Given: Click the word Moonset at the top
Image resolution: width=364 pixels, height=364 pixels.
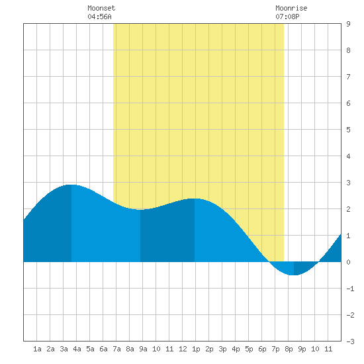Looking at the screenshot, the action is pyautogui.click(x=101, y=8).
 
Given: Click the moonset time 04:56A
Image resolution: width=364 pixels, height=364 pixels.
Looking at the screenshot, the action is pyautogui.click(x=99, y=17).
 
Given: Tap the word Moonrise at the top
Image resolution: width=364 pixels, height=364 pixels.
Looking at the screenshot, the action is pyautogui.click(x=291, y=8).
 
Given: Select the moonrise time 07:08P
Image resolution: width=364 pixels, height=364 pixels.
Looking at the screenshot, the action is pyautogui.click(x=287, y=17).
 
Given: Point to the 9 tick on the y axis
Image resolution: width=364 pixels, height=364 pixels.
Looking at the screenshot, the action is pyautogui.click(x=348, y=24).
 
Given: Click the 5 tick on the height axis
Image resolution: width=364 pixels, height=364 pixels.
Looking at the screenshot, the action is pyautogui.click(x=348, y=130).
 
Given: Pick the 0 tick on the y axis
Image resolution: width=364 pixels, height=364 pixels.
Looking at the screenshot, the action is pyautogui.click(x=348, y=262).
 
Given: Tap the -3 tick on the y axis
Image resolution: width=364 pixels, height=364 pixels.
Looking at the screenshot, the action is pyautogui.click(x=350, y=341).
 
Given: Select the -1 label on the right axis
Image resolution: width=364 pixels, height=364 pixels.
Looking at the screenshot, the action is pyautogui.click(x=350, y=289).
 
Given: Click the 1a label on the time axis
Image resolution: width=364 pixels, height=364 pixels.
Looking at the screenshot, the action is pyautogui.click(x=37, y=349).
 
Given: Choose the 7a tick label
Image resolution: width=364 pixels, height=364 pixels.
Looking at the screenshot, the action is pyautogui.click(x=116, y=349).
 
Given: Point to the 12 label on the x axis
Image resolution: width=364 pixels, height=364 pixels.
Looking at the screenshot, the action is pyautogui.click(x=183, y=349).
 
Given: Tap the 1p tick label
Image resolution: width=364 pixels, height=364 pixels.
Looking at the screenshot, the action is pyautogui.click(x=196, y=349).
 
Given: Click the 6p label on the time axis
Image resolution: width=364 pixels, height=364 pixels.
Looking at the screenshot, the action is pyautogui.click(x=262, y=349).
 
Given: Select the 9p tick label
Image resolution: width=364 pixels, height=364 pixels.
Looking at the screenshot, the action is pyautogui.click(x=302, y=349).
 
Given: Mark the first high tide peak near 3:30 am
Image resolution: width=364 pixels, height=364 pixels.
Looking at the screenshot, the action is pyautogui.click(x=71, y=185).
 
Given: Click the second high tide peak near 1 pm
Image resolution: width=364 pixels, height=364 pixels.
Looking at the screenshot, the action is pyautogui.click(x=195, y=199).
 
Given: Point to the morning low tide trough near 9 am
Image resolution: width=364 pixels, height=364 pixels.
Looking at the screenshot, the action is pyautogui.click(x=140, y=210).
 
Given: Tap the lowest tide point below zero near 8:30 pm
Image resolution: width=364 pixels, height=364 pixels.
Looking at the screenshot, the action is pyautogui.click(x=294, y=275).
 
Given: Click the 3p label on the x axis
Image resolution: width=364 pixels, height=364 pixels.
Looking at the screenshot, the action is pyautogui.click(x=222, y=349).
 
